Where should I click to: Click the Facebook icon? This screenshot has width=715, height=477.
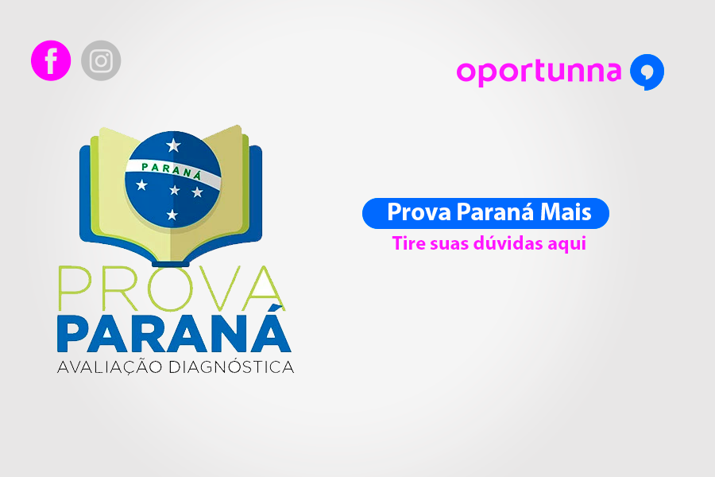tap(51, 61)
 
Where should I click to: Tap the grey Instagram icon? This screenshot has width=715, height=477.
tap(101, 61)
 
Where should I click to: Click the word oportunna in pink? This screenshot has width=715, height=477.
tap(538, 72)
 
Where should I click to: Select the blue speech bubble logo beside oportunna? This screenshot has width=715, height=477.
tap(647, 72)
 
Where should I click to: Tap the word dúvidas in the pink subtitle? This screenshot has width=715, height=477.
tap(508, 243)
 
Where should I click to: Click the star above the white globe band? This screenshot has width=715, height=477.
tap(173, 145)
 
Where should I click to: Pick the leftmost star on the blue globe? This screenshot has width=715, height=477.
tap(142, 185)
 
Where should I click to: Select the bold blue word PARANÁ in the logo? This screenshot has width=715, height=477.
tap(173, 334)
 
